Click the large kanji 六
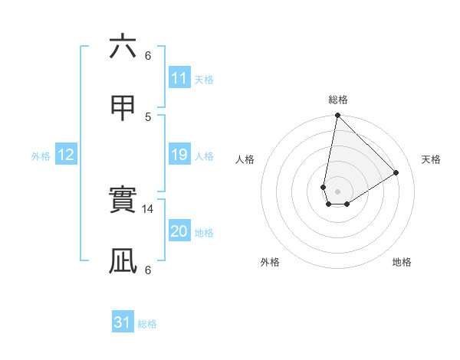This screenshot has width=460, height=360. click(x=123, y=47)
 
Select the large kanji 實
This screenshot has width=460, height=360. click(x=123, y=200)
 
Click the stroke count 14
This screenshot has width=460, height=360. click(x=149, y=208)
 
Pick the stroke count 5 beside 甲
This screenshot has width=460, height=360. click(x=148, y=116)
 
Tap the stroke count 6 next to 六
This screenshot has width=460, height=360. click(x=148, y=55)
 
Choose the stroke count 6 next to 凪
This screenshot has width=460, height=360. click(x=148, y=270)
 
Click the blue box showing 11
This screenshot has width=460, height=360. click(x=179, y=78)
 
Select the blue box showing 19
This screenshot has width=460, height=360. click(x=179, y=155)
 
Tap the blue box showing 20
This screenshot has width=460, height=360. click(x=179, y=231)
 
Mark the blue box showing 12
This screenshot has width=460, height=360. click(x=66, y=155)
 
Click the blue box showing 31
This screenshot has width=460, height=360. click(x=123, y=322)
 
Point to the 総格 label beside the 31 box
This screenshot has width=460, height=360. click(x=147, y=324)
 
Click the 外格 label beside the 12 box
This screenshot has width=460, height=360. click(x=41, y=156)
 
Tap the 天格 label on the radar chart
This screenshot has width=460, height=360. click(x=432, y=159)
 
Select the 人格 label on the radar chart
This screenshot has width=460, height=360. click(x=245, y=159)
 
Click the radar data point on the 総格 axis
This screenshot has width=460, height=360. click(x=337, y=116)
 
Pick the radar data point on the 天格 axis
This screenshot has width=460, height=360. click(x=396, y=173)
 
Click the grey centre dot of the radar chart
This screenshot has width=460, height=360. click(x=337, y=191)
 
